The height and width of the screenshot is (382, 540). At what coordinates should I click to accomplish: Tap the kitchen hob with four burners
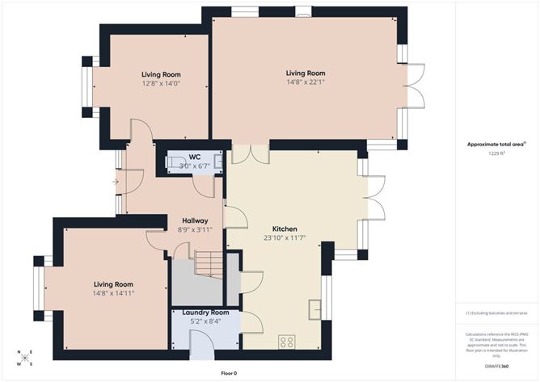[287, 342]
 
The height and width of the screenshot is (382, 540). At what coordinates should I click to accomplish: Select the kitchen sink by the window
[315, 307]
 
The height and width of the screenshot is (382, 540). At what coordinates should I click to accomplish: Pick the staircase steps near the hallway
[207, 264]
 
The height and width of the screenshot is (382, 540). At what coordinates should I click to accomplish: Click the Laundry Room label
[205, 313]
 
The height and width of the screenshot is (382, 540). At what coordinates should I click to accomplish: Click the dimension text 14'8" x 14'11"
[113, 293]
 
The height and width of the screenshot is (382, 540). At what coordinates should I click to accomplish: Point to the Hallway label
[195, 220]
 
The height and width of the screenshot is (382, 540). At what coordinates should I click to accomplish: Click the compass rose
[24, 358]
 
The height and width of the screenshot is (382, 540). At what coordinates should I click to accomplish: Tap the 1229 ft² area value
[496, 153]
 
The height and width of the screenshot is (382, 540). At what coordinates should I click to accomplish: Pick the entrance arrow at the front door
[116, 182]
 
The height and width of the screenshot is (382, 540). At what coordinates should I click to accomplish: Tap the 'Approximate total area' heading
[496, 144]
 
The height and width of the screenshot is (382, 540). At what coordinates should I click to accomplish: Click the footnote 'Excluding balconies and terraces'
[496, 313]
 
